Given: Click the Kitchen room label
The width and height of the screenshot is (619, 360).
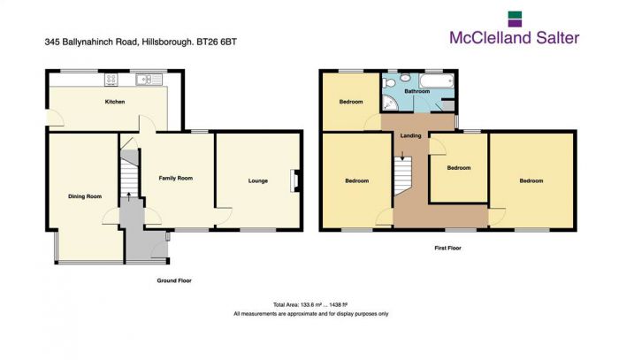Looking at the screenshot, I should click(x=115, y=103).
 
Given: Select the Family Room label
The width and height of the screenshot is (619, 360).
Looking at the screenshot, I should click(x=175, y=178).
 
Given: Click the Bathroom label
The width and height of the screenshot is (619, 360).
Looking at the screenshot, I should click(x=416, y=91).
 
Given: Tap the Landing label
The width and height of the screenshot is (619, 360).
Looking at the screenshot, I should click(x=410, y=135).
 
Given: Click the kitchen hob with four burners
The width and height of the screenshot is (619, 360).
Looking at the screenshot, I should click(x=112, y=80).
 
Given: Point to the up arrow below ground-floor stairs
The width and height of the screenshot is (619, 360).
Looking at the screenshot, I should click(x=129, y=198).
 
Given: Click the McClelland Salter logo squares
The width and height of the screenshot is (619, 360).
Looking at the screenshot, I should click(x=515, y=19).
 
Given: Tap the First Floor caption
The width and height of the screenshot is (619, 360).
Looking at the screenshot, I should click(x=447, y=249).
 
